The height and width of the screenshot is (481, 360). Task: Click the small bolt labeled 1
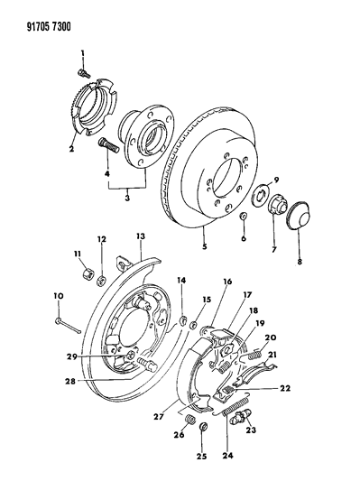pyautogui.click(x=83, y=73)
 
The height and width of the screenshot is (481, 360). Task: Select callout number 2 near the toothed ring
pyautogui.click(x=71, y=149)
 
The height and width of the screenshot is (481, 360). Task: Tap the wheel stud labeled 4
pyautogui.click(x=108, y=146)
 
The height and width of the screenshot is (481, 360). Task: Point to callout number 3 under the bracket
pyautogui.click(x=127, y=198)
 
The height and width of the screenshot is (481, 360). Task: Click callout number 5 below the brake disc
pyautogui.click(x=205, y=246)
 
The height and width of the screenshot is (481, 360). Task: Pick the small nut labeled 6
pyautogui.click(x=244, y=217)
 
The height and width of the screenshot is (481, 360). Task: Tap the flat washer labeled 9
pyautogui.click(x=260, y=194)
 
